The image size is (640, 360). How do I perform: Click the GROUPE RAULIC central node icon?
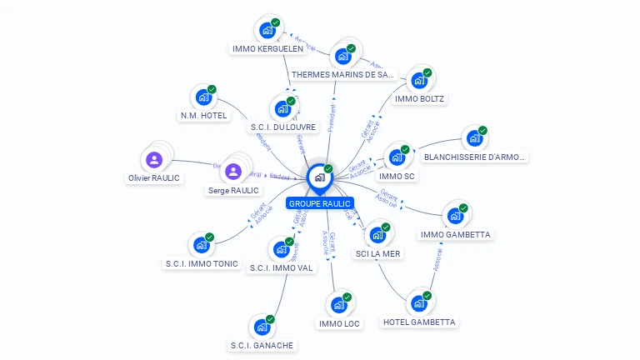319,177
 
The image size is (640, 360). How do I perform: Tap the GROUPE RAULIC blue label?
320,203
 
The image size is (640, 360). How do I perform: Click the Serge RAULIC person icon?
233,171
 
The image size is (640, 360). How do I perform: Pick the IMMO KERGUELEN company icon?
267,30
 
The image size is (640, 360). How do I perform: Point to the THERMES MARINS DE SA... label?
342,74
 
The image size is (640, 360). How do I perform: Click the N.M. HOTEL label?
203,116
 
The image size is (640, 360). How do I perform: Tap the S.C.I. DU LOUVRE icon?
282,108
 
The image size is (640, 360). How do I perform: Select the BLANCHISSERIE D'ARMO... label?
475,157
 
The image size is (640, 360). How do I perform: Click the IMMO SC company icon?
397,157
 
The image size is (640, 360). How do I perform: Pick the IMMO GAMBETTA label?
455,234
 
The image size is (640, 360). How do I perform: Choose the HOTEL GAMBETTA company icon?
419,303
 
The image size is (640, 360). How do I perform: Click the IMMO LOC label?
340,323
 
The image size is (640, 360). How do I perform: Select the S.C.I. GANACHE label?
262,345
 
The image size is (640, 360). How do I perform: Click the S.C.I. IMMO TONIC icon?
202,245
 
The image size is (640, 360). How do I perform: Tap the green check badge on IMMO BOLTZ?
427,72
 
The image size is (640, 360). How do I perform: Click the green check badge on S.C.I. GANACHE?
270,319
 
